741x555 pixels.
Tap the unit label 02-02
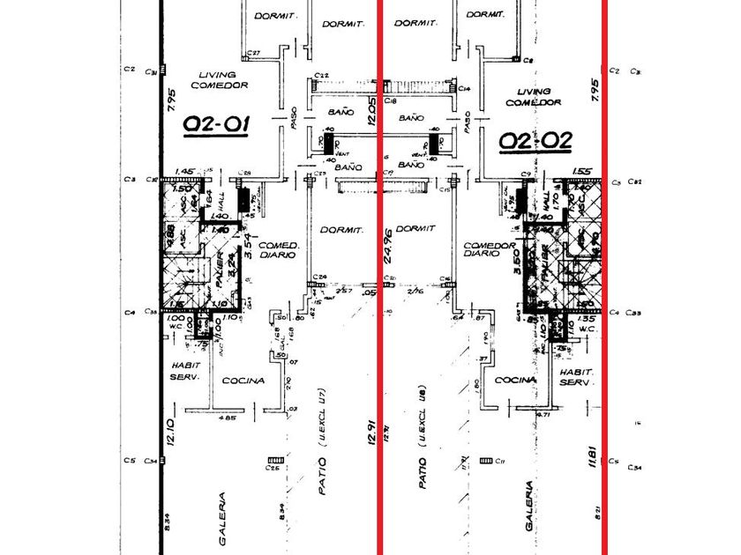point(535,140)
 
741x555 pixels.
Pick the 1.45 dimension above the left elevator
point(184,171)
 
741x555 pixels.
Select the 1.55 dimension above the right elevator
point(581,172)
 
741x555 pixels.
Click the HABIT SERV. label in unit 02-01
point(186,371)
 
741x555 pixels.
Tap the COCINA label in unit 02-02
point(517,381)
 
